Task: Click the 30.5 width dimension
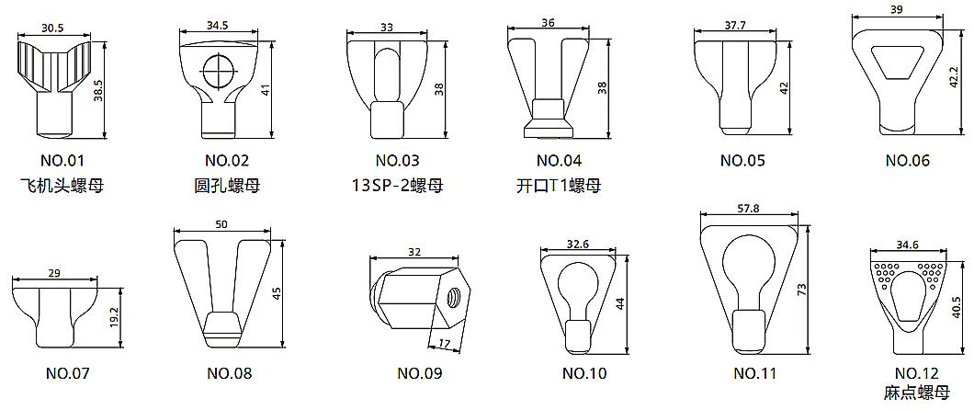52,28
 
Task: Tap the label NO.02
226,160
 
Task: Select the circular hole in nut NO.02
218,70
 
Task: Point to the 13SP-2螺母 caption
397,186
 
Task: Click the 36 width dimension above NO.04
548,22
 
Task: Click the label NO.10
584,373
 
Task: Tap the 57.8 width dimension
747,209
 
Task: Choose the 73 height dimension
802,290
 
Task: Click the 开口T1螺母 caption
559,186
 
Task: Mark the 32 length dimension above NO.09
414,252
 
